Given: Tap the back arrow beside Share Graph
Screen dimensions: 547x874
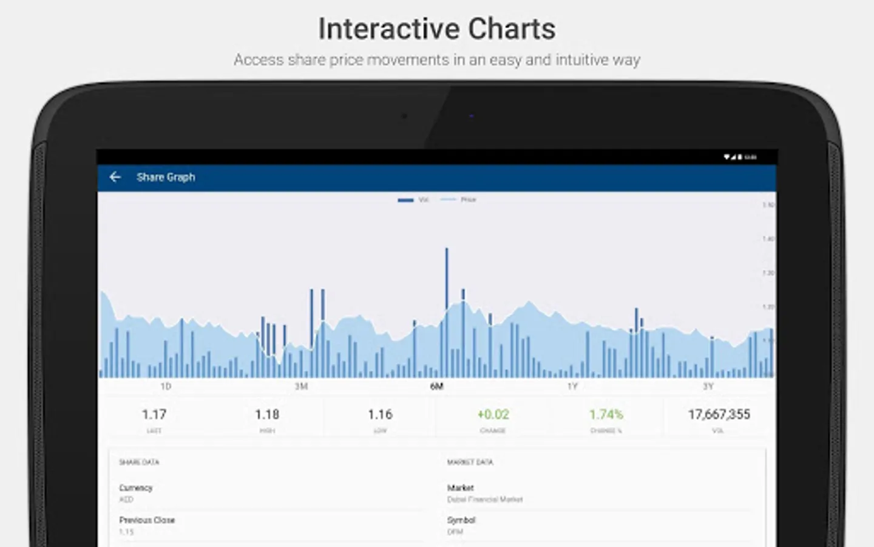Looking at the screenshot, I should pos(115,177).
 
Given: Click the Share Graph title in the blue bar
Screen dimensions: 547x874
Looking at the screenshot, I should pos(166,177).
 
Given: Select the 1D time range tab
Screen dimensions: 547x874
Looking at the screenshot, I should pos(166,387).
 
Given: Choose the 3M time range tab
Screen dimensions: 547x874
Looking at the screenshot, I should pos(301,387).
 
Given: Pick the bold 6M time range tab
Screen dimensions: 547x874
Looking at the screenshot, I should pos(436,387).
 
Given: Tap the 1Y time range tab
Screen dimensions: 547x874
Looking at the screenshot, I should pos(572,387).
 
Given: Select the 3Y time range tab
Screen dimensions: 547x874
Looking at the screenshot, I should pos(708,387).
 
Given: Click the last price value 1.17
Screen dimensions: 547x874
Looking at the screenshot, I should pos(154,415).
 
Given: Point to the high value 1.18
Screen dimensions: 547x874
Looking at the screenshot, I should pos(267,415).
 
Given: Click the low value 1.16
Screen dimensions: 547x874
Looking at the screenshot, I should pos(380,415).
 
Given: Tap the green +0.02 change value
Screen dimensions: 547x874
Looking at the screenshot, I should pos(493,415).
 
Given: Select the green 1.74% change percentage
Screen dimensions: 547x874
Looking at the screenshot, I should pos(606,415).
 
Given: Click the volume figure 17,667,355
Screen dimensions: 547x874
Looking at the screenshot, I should pos(719,415).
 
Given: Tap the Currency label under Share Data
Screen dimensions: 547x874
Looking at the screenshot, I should pos(136,488).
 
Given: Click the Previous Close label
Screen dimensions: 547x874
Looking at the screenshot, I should pos(147,520).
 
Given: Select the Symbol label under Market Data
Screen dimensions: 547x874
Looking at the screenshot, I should pos(461,520).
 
